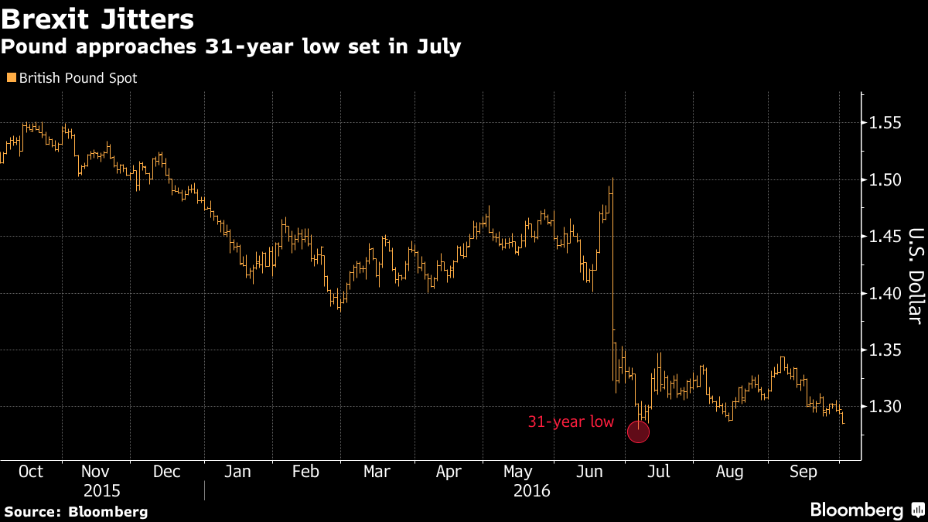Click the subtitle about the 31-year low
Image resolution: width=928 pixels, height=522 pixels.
(230, 47)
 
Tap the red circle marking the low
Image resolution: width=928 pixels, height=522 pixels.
(638, 432)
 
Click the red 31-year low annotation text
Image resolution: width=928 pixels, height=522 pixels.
(571, 422)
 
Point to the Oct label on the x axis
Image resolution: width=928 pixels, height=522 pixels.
(30, 472)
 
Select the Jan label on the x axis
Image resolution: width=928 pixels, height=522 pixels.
(238, 472)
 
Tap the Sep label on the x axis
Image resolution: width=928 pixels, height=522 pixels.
(803, 472)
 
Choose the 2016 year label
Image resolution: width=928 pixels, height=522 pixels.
(531, 491)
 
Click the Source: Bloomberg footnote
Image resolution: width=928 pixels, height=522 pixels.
(75, 511)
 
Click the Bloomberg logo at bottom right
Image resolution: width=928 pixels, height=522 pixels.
(866, 510)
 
